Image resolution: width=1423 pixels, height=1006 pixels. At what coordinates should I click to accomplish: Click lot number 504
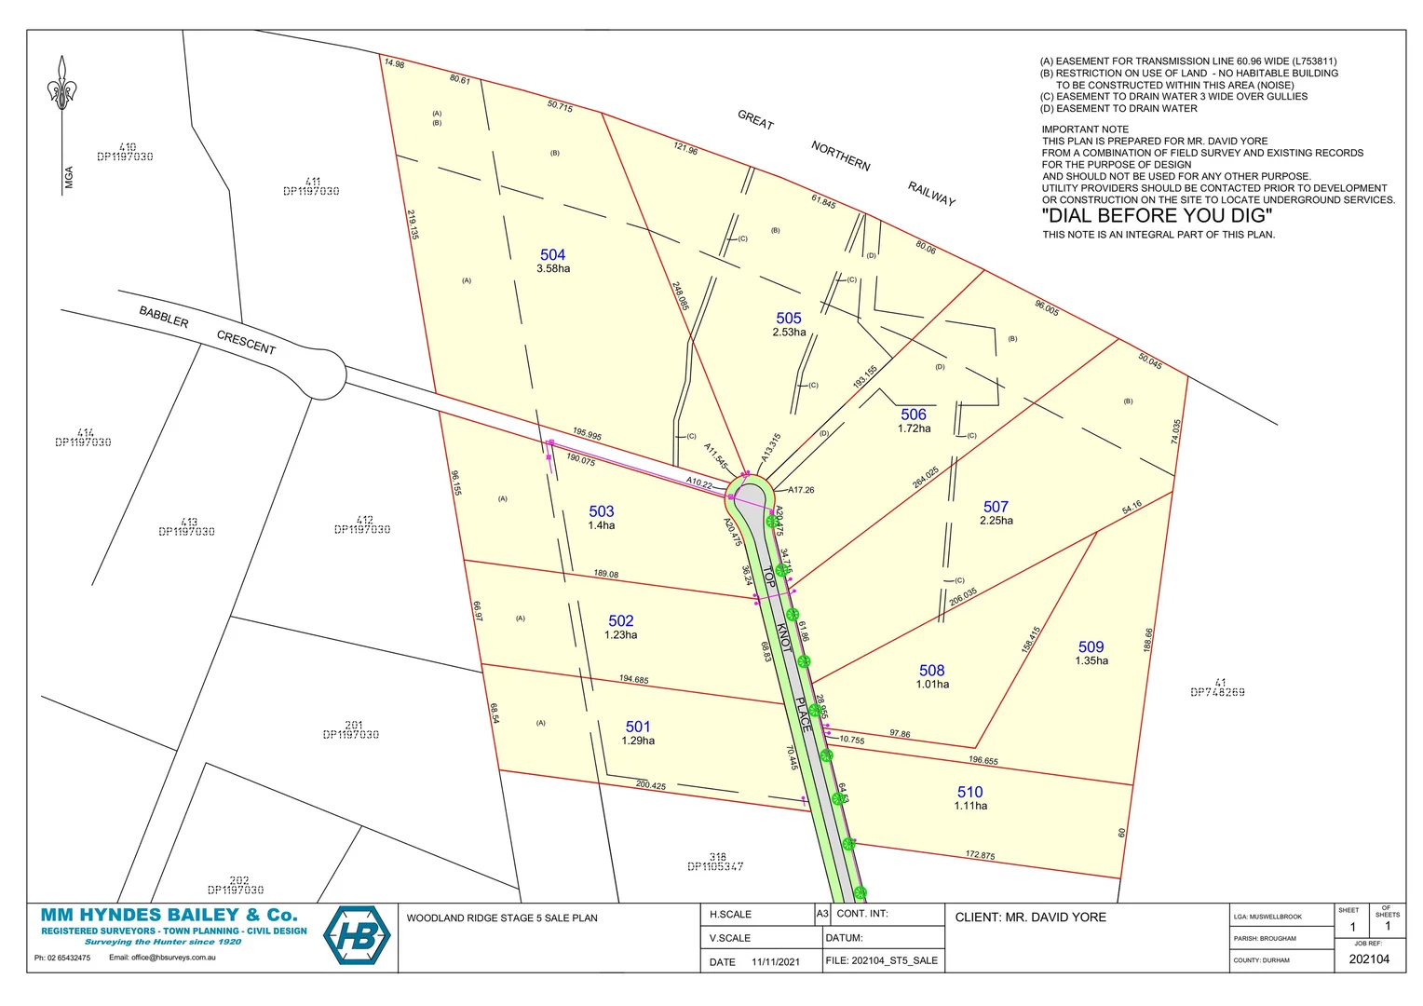(552, 254)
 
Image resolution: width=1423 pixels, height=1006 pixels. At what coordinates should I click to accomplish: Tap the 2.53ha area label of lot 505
(789, 333)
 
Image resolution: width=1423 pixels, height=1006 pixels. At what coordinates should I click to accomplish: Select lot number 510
(969, 792)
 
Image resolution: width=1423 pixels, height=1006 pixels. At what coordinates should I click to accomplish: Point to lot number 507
(996, 507)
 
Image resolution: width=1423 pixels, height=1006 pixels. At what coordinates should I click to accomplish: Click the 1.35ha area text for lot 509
(1091, 661)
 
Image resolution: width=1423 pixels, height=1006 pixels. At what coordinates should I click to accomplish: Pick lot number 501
(638, 727)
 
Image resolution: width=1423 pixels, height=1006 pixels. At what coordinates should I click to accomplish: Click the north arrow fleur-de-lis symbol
(61, 85)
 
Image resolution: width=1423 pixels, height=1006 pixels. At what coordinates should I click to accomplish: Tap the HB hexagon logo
(357, 935)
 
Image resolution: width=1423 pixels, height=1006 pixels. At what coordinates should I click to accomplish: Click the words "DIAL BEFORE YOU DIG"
(1157, 215)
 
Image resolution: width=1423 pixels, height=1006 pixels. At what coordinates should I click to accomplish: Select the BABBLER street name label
(164, 317)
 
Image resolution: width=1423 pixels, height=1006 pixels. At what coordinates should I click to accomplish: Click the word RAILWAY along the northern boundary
(931, 194)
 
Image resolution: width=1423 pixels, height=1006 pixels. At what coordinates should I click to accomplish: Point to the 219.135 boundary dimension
(413, 224)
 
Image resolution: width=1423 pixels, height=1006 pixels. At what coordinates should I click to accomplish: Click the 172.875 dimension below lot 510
(980, 855)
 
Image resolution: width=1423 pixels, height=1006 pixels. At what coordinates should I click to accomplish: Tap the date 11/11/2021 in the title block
(775, 962)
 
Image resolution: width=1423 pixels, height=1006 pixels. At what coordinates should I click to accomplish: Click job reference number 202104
(1368, 959)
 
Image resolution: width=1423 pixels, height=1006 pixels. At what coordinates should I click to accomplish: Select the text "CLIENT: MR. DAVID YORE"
(1030, 918)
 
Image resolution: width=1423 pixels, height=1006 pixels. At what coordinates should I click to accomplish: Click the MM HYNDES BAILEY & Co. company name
(169, 915)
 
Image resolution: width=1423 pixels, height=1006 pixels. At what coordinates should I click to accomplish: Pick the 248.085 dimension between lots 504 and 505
(681, 296)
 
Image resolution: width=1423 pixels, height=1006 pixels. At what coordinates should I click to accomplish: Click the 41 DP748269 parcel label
(1217, 688)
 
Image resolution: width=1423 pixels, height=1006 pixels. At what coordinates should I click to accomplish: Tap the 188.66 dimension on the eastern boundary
(1148, 639)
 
